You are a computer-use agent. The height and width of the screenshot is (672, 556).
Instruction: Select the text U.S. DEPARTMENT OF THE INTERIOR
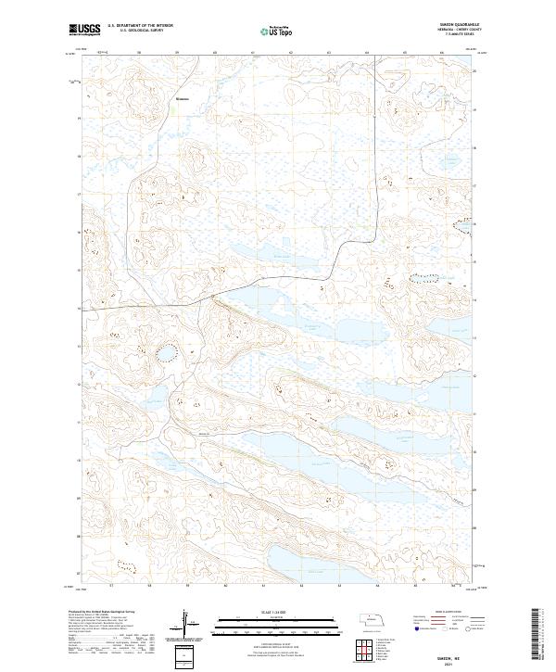tap(140, 26)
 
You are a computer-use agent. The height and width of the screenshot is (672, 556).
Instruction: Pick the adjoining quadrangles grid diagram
tap(361, 646)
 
